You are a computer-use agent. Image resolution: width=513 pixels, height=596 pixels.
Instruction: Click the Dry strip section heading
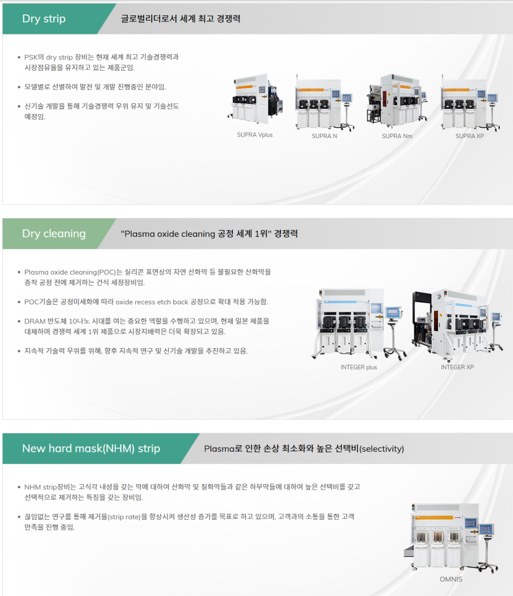coord(44,19)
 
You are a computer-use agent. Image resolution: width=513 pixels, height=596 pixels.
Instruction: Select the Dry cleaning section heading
coord(54,234)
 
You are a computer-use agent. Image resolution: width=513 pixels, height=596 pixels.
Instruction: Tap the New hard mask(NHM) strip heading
coord(91,449)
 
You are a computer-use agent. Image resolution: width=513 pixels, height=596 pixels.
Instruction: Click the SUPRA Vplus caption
coord(254,135)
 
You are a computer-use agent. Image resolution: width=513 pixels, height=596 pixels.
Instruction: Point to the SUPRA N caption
coord(324,136)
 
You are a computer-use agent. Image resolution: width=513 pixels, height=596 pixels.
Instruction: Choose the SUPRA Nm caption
coord(397,136)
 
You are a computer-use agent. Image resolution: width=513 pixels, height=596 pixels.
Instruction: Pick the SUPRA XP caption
coord(470,136)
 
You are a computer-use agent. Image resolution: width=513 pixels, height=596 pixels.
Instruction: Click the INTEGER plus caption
coord(358,367)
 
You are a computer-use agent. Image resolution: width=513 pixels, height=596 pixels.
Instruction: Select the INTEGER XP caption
coord(457,367)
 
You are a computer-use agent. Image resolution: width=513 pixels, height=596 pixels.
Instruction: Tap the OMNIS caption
coord(451,580)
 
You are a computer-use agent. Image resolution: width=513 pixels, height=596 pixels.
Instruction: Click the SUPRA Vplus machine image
coord(255,99)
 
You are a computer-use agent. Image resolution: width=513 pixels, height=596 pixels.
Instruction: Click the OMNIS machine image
coord(447,537)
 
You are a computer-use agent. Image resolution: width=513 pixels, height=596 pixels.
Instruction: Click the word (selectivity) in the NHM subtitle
coord(381,449)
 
